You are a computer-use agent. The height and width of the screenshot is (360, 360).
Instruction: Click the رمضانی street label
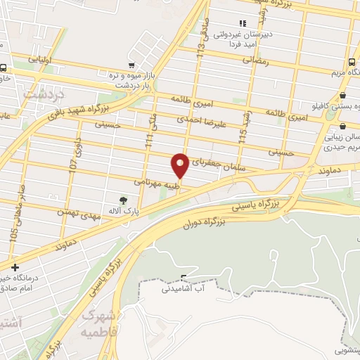(x=256, y=61)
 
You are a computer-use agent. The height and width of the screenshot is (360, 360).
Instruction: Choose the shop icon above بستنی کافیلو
(x=342, y=96)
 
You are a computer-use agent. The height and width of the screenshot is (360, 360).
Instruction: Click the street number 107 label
(x=72, y=165)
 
